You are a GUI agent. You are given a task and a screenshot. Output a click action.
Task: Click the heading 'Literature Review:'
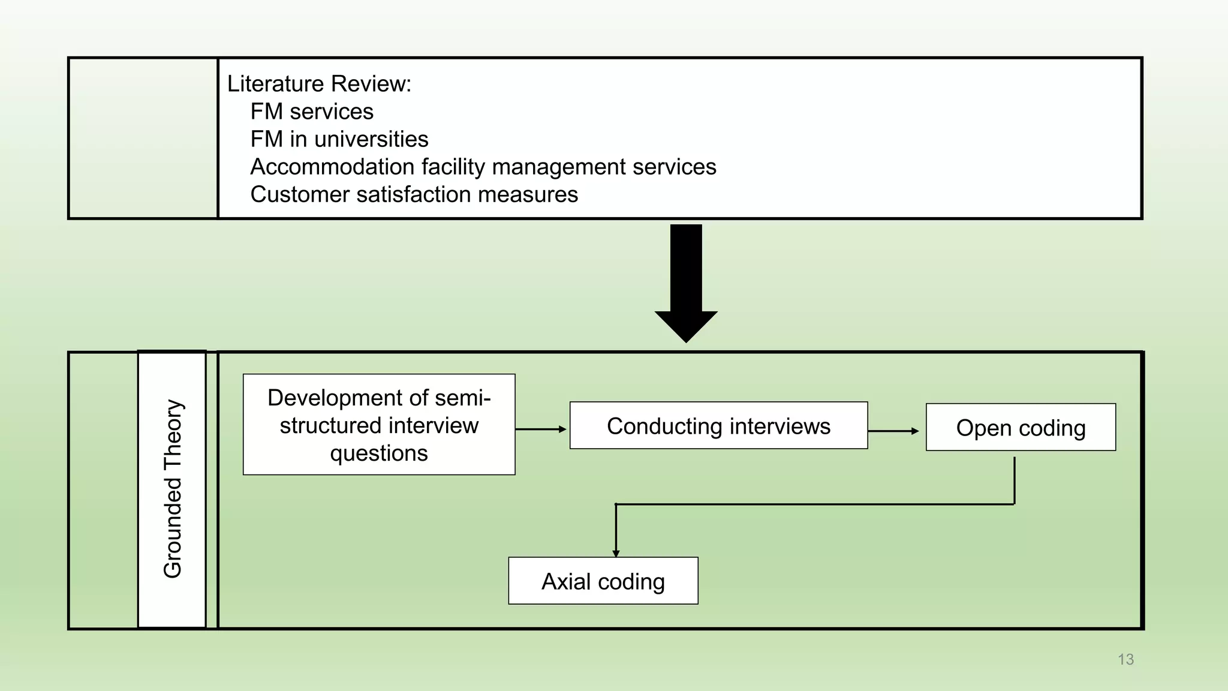[319, 84]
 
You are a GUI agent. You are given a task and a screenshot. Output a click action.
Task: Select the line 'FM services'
[312, 112]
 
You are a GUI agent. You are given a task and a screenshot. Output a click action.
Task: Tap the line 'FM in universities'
[339, 139]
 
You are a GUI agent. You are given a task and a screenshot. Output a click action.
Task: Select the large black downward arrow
[686, 282]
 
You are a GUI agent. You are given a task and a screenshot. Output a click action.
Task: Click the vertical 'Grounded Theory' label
[173, 489]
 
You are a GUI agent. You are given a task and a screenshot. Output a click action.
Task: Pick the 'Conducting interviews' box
[718, 426]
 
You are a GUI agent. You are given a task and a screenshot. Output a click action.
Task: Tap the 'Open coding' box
[1021, 428]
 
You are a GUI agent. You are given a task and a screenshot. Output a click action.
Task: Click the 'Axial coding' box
[603, 581]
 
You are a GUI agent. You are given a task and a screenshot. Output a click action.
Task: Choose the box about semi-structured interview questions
[379, 425]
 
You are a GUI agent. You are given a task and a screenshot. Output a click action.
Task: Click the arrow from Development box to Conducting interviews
[540, 429]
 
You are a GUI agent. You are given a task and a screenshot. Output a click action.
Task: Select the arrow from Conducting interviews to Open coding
[893, 431]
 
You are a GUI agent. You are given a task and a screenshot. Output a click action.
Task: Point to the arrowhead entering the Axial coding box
[616, 553]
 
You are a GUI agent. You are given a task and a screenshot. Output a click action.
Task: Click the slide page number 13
[1125, 659]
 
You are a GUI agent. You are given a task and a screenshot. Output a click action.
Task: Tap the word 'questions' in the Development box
[379, 453]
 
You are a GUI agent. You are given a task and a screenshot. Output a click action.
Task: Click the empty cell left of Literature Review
[143, 139]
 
